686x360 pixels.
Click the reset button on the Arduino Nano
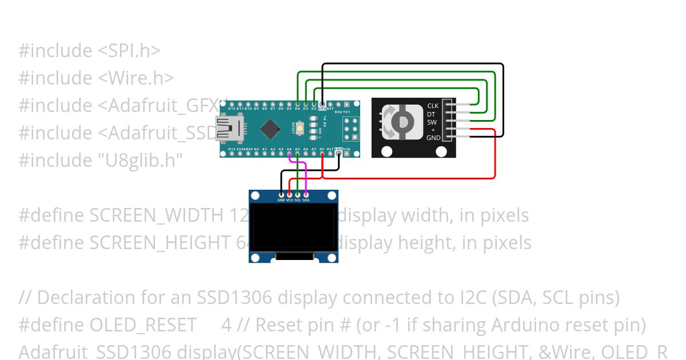click(x=301, y=129)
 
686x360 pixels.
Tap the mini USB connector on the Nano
click(x=228, y=129)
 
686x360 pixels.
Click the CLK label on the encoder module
click(x=433, y=106)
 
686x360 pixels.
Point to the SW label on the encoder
click(x=432, y=122)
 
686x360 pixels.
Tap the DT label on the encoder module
click(x=431, y=114)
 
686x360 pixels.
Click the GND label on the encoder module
click(x=433, y=138)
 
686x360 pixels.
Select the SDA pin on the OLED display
click(x=306, y=196)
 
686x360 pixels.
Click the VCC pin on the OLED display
click(x=289, y=196)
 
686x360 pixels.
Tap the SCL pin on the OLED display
click(x=297, y=196)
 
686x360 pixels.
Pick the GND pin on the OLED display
click(x=281, y=196)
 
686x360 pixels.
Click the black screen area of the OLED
click(x=293, y=227)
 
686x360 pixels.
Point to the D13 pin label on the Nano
click(x=231, y=149)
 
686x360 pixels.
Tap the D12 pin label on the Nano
click(x=231, y=108)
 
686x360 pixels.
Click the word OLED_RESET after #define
click(x=143, y=325)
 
